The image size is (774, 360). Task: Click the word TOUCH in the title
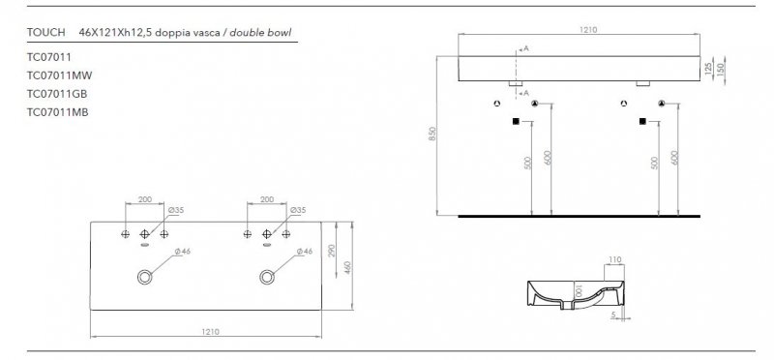[x=48, y=32]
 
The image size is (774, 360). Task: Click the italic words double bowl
[x=263, y=32]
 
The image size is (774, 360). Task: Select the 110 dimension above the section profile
[x=614, y=260]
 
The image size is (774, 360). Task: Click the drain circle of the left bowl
[x=145, y=277]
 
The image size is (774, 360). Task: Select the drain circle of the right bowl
[x=267, y=277]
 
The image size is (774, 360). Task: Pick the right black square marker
[x=642, y=122]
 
